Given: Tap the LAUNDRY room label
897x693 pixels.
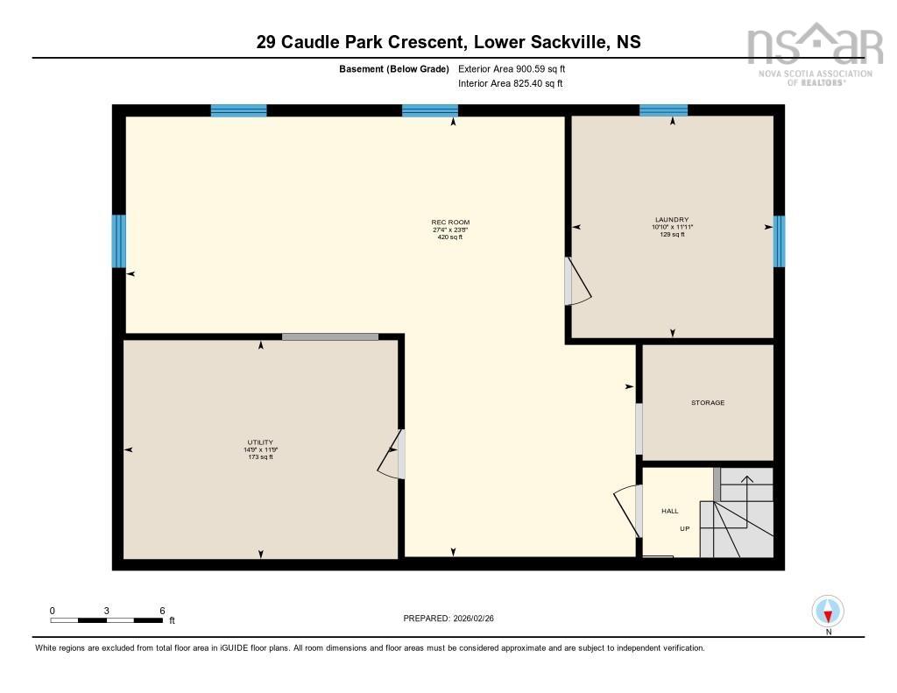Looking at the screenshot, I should click(672, 219).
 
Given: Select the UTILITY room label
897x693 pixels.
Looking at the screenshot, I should click(260, 442).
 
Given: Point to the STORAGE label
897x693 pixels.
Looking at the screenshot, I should click(708, 403).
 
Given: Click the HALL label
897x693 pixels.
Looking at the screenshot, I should click(670, 511).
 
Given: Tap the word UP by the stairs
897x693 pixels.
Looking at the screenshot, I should click(685, 529).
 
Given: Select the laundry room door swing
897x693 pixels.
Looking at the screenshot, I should click(578, 282).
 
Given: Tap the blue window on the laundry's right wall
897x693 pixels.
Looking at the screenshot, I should click(779, 241).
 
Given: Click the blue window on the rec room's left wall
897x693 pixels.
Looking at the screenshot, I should click(119, 241).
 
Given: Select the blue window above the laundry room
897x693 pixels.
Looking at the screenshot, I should click(663, 110).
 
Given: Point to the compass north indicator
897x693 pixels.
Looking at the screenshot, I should click(828, 611).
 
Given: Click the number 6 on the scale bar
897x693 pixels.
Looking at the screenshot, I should click(162, 611).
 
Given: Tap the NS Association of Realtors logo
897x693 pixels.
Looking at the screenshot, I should click(814, 53).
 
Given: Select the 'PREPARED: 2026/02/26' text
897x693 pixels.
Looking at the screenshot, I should click(455, 619).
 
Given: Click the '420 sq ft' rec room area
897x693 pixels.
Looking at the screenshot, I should click(449, 237).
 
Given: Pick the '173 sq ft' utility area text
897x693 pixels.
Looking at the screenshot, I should click(260, 456).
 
